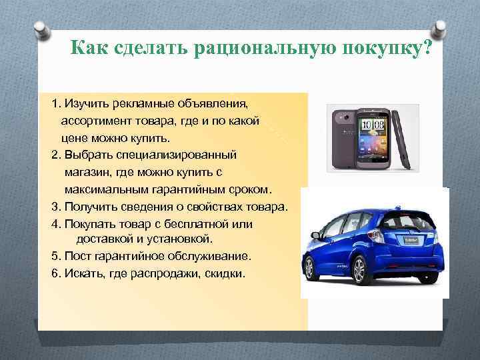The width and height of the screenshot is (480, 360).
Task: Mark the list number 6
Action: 55,273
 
